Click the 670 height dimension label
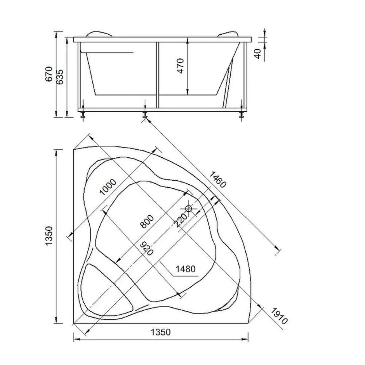(49, 74)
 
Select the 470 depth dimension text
(181, 66)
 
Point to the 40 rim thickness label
(257, 54)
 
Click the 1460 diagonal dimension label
(218, 179)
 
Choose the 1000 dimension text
(108, 187)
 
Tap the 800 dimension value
(147, 221)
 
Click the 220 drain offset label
(180, 220)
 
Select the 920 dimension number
(147, 248)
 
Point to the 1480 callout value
(185, 269)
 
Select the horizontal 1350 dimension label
(161, 332)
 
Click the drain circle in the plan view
(189, 208)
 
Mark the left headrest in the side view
(99, 34)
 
